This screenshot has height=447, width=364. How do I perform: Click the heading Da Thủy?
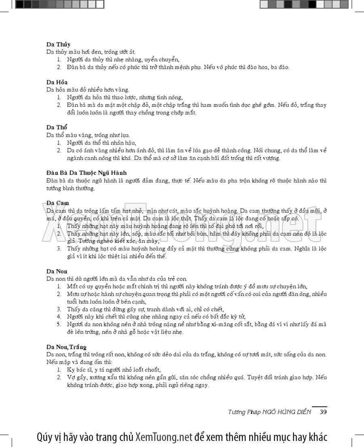click(58, 44)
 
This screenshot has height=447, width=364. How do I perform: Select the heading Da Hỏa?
click(57, 82)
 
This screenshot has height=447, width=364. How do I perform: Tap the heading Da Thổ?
click(57, 127)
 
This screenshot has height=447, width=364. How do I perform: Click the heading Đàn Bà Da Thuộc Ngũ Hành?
click(86, 172)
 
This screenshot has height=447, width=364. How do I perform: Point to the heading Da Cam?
click(57, 202)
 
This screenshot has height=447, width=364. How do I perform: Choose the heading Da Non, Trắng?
click(66, 347)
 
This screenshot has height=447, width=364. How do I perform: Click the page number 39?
click(323, 412)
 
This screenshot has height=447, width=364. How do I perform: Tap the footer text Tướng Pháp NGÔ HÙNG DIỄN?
click(270, 412)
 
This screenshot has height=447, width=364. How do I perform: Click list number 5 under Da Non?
click(59, 324)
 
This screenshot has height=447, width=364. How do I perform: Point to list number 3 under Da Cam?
click(59, 249)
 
